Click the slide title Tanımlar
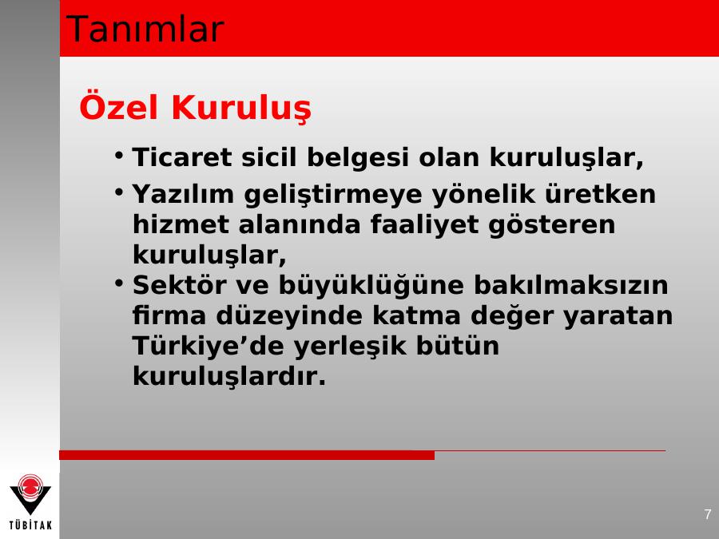pos(145,30)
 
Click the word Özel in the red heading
pos(119,107)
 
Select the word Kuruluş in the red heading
pos(241,109)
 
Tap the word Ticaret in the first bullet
pos(182,157)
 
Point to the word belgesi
pos(357,158)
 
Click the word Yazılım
pos(183,194)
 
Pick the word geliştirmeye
pos(333,194)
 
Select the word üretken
pos(600,193)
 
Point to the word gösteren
pos(551,225)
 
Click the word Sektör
pos(179,284)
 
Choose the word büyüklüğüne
pos(371,286)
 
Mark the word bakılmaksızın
pos(571,284)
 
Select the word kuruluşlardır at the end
pos(228,376)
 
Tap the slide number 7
pos(708,513)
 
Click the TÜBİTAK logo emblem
pos(30,494)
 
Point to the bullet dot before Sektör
pos(119,283)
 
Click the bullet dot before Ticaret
pos(119,155)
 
